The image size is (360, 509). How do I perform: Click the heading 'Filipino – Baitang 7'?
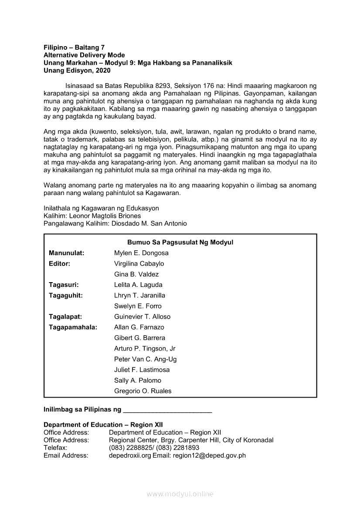pyautogui.click(x=74, y=47)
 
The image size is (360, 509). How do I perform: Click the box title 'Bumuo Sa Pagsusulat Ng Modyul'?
pyautogui.click(x=180, y=242)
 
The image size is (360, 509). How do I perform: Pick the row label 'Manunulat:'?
pyautogui.click(x=66, y=253)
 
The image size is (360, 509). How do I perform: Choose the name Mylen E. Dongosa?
pyautogui.click(x=141, y=253)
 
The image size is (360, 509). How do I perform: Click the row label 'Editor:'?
pyautogui.click(x=60, y=263)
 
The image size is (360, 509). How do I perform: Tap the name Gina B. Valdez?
pyautogui.click(x=136, y=274)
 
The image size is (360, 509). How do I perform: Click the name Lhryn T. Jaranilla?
pyautogui.click(x=139, y=295)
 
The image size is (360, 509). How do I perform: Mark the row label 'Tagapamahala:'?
pyautogui.click(x=73, y=327)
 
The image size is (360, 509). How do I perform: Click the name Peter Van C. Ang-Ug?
pyautogui.click(x=145, y=359)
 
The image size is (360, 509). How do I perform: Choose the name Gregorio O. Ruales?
pyautogui.click(x=143, y=391)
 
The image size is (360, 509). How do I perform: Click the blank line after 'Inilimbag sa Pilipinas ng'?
pyautogui.click(x=168, y=410)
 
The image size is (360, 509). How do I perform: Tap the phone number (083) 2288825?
pyautogui.click(x=129, y=448)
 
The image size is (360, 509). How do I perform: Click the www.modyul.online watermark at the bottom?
pyautogui.click(x=180, y=494)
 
